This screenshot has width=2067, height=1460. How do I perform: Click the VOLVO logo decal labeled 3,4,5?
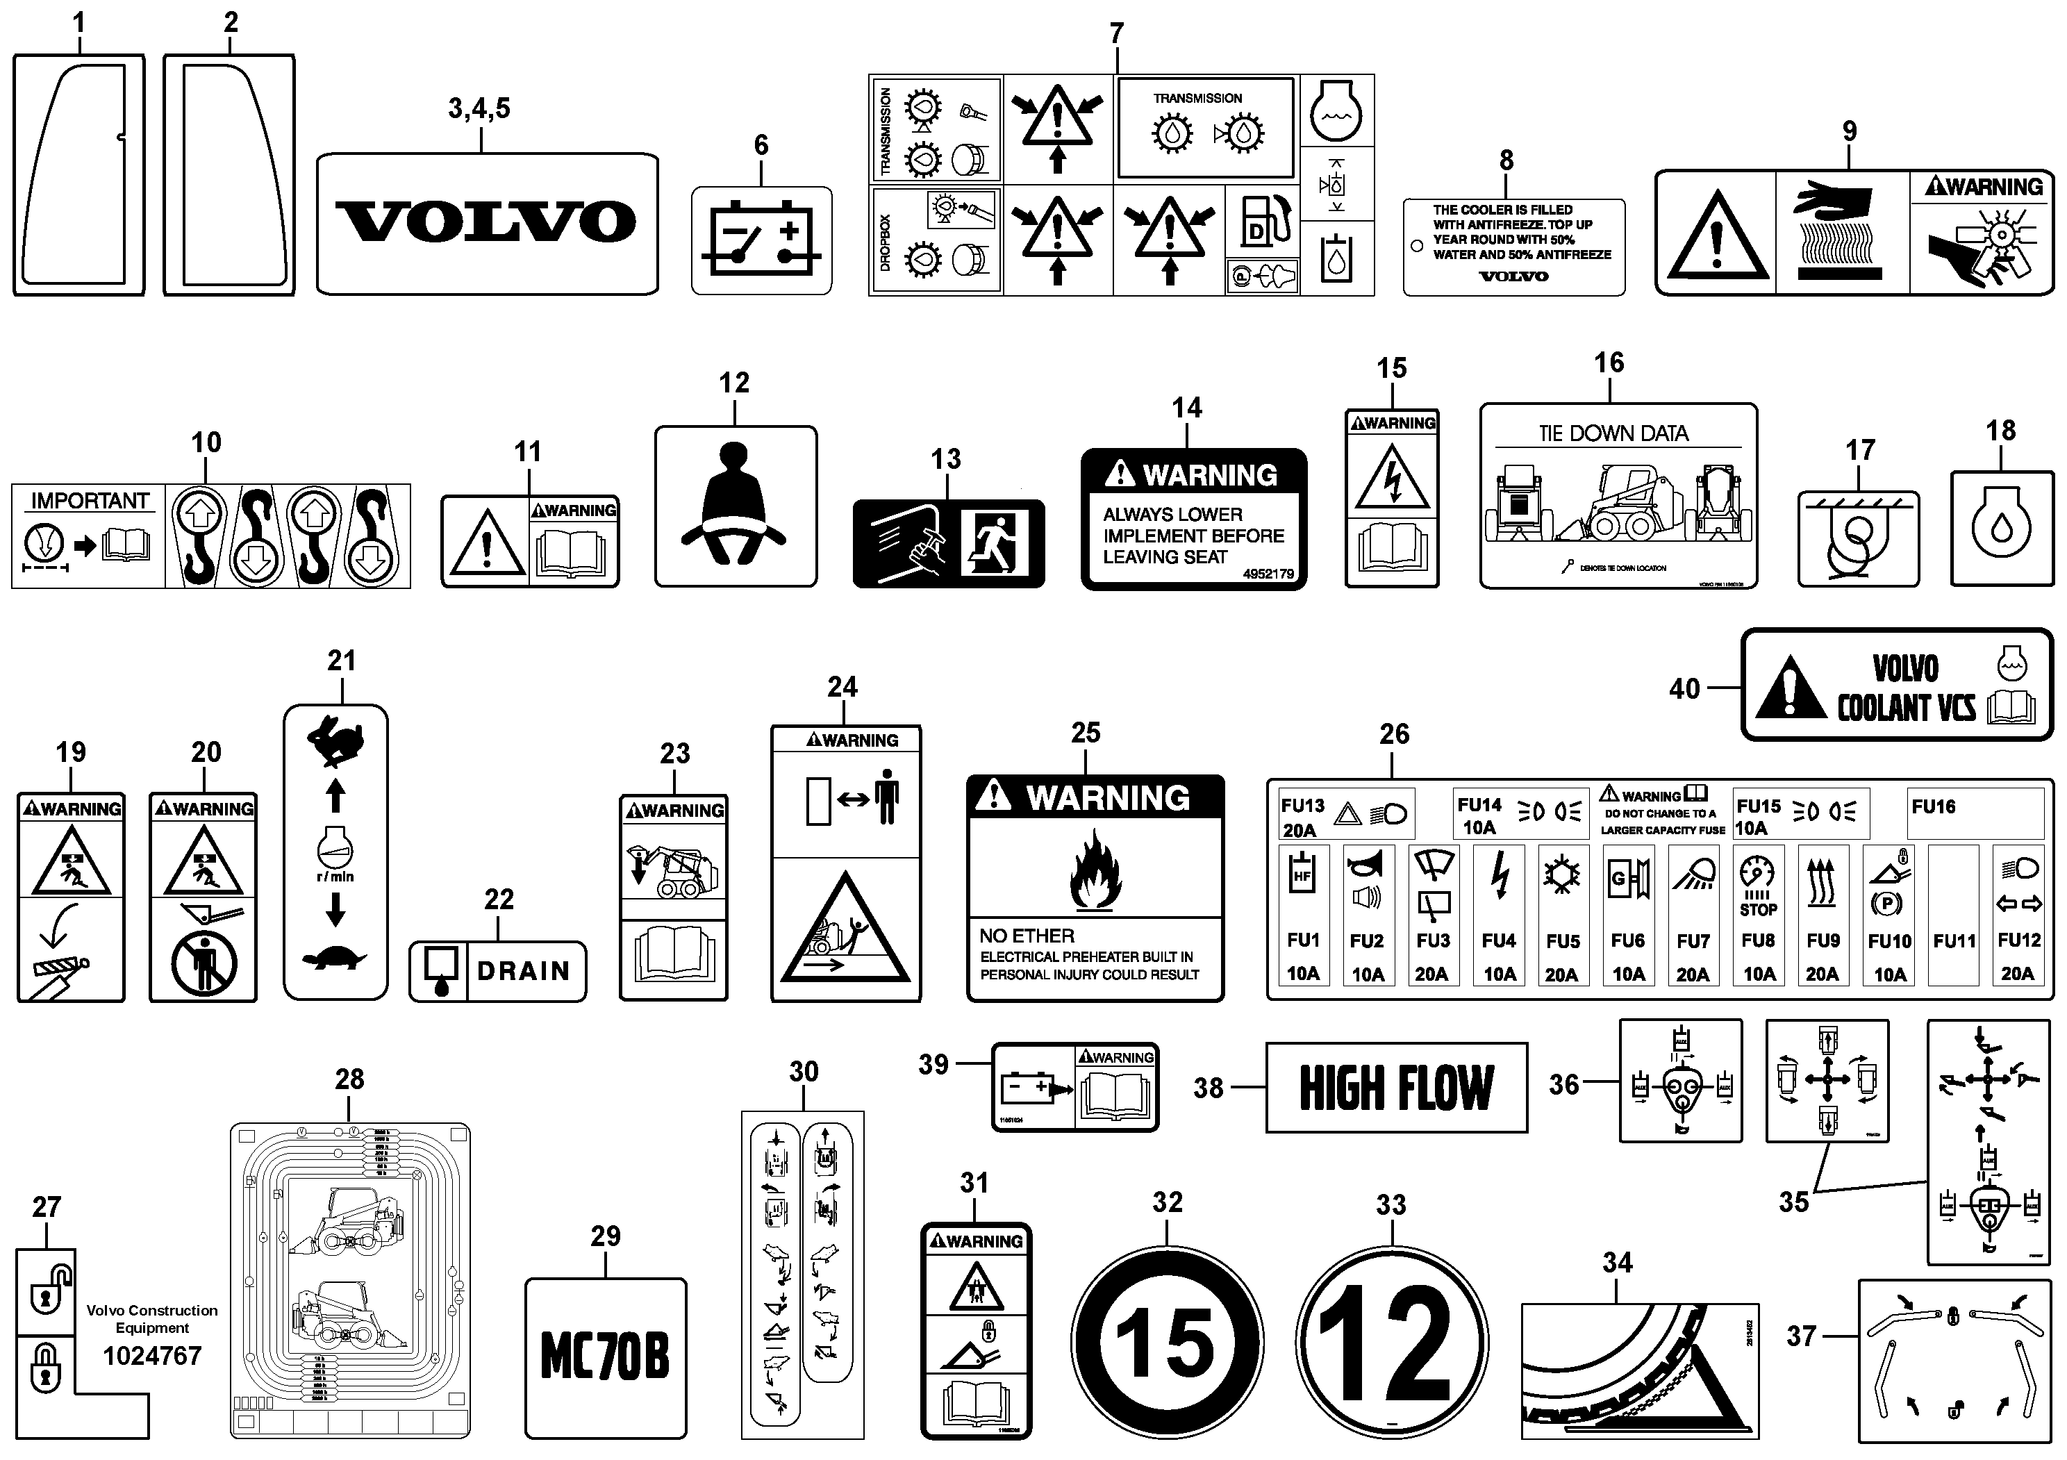click(486, 222)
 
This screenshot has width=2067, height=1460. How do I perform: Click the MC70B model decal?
click(605, 1357)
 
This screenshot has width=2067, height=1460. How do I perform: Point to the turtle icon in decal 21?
click(335, 957)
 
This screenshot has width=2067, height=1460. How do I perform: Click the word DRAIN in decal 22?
click(523, 971)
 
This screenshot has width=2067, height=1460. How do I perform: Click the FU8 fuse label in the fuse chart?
click(1758, 940)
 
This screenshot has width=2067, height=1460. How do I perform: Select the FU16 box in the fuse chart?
click(1974, 813)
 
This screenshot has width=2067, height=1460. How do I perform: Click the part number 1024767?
click(152, 1356)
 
